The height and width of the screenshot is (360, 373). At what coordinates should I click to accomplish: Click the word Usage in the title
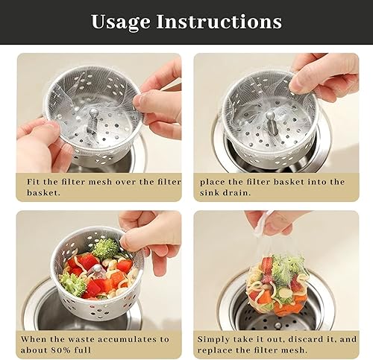[x=121, y=22]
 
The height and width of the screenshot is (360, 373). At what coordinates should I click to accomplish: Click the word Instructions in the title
[x=219, y=21]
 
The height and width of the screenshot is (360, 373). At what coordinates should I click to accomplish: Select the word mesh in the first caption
[x=100, y=182]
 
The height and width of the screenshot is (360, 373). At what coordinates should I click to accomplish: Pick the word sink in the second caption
[x=209, y=192]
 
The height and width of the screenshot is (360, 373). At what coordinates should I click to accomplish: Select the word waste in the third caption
[x=81, y=339]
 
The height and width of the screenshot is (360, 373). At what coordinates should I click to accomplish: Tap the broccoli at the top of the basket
[x=105, y=248]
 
